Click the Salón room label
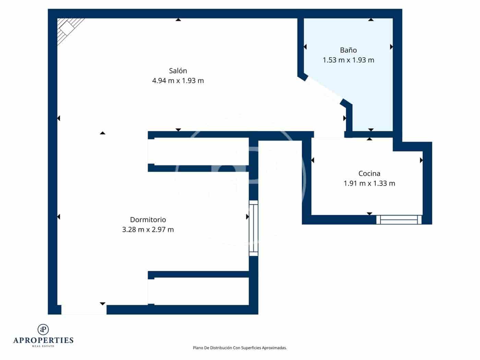click(x=178, y=71)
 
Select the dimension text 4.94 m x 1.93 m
click(x=178, y=81)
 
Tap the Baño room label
click(x=348, y=50)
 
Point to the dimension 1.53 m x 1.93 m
click(x=348, y=60)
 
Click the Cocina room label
click(x=369, y=173)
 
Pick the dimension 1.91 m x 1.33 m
click(x=369, y=183)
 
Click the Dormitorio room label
click(x=148, y=220)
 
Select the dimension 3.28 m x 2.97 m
click(x=148, y=230)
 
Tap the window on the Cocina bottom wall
click(x=399, y=219)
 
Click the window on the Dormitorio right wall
click(x=253, y=228)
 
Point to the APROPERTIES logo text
click(x=43, y=340)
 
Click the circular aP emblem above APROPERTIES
click(x=43, y=329)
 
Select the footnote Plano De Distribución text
click(x=240, y=348)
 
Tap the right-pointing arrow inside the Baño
click(x=391, y=47)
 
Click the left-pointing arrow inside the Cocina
click(x=313, y=160)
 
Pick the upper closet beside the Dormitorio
click(x=201, y=151)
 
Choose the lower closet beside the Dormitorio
click(x=201, y=291)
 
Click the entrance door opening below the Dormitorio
click(x=84, y=310)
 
